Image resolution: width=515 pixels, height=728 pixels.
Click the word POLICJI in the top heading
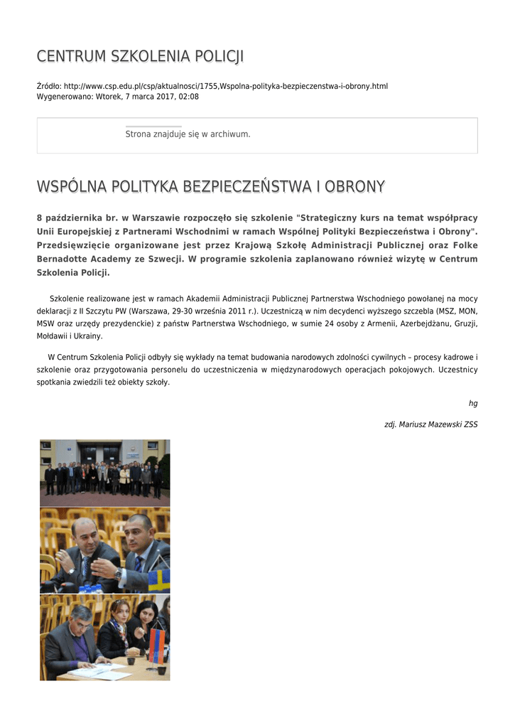[217, 57]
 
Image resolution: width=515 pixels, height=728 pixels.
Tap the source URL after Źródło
[226, 86]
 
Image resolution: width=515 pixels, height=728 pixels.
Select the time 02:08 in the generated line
[189, 97]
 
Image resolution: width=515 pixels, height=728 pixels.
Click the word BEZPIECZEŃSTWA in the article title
[243, 187]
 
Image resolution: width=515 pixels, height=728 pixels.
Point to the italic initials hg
[473, 403]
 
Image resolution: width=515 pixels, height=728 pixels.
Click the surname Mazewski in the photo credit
[440, 424]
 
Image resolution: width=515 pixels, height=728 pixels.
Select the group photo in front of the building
[104, 472]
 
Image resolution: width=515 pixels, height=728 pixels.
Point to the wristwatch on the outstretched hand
[118, 574]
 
